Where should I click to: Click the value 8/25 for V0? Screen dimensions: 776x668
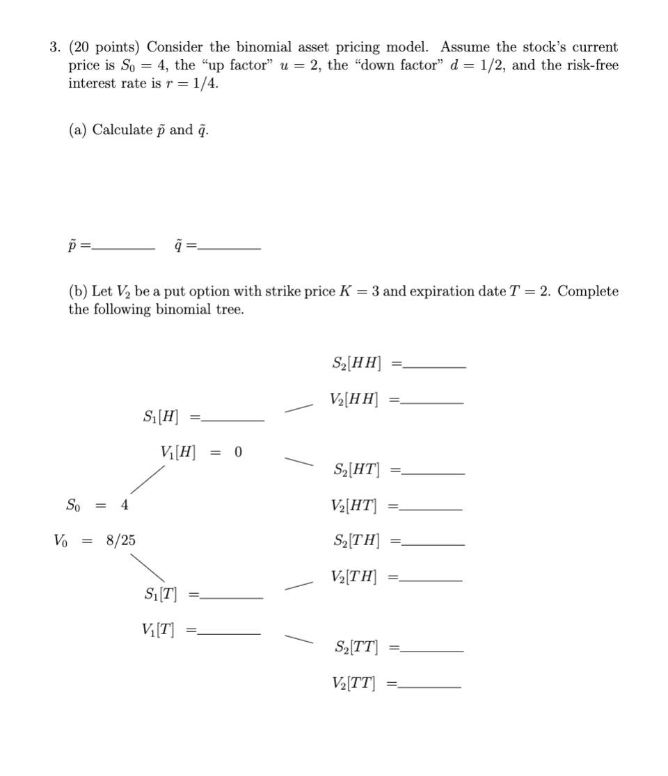pos(121,540)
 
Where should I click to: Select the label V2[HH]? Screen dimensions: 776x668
pos(355,400)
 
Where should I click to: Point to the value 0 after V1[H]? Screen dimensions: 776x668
pos(239,453)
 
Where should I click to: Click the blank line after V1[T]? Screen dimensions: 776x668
pos(230,633)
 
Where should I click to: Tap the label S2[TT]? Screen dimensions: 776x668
pos(356,647)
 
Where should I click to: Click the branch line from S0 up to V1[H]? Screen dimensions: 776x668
pos(148,480)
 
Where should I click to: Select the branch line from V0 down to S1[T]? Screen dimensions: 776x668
pos(147,566)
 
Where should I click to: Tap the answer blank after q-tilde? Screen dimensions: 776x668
pos(230,248)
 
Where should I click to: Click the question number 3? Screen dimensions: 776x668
pos(54,48)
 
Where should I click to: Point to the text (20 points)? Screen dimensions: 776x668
pos(104,48)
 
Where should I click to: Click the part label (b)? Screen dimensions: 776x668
pos(78,292)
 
